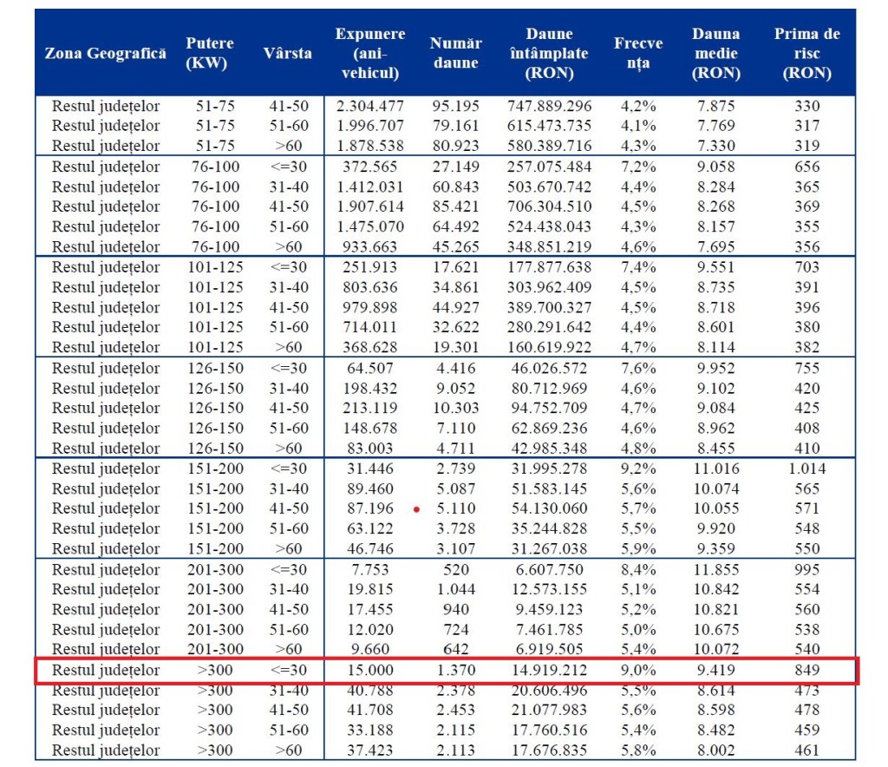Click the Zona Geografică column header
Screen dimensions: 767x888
(x=105, y=53)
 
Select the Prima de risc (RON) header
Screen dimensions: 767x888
(x=806, y=53)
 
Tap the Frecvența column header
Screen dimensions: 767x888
(x=638, y=53)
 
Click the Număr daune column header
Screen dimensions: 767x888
(x=456, y=53)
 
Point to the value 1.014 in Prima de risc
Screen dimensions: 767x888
(x=806, y=469)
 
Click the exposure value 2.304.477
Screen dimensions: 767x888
(x=370, y=106)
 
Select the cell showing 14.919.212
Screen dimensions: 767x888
(x=549, y=671)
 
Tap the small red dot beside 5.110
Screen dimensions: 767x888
(x=416, y=509)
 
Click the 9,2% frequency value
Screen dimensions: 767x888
(x=638, y=469)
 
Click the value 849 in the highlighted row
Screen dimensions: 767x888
(x=806, y=671)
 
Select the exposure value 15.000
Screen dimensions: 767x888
(x=370, y=671)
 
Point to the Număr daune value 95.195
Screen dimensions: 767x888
(x=456, y=106)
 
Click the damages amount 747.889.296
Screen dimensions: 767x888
(x=549, y=106)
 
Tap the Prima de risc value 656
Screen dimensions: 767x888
(x=806, y=167)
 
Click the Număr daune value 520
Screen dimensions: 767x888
(x=456, y=569)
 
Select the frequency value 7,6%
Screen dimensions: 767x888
(x=638, y=368)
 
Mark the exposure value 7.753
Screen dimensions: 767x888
(x=370, y=569)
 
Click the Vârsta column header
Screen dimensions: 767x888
(x=287, y=53)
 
